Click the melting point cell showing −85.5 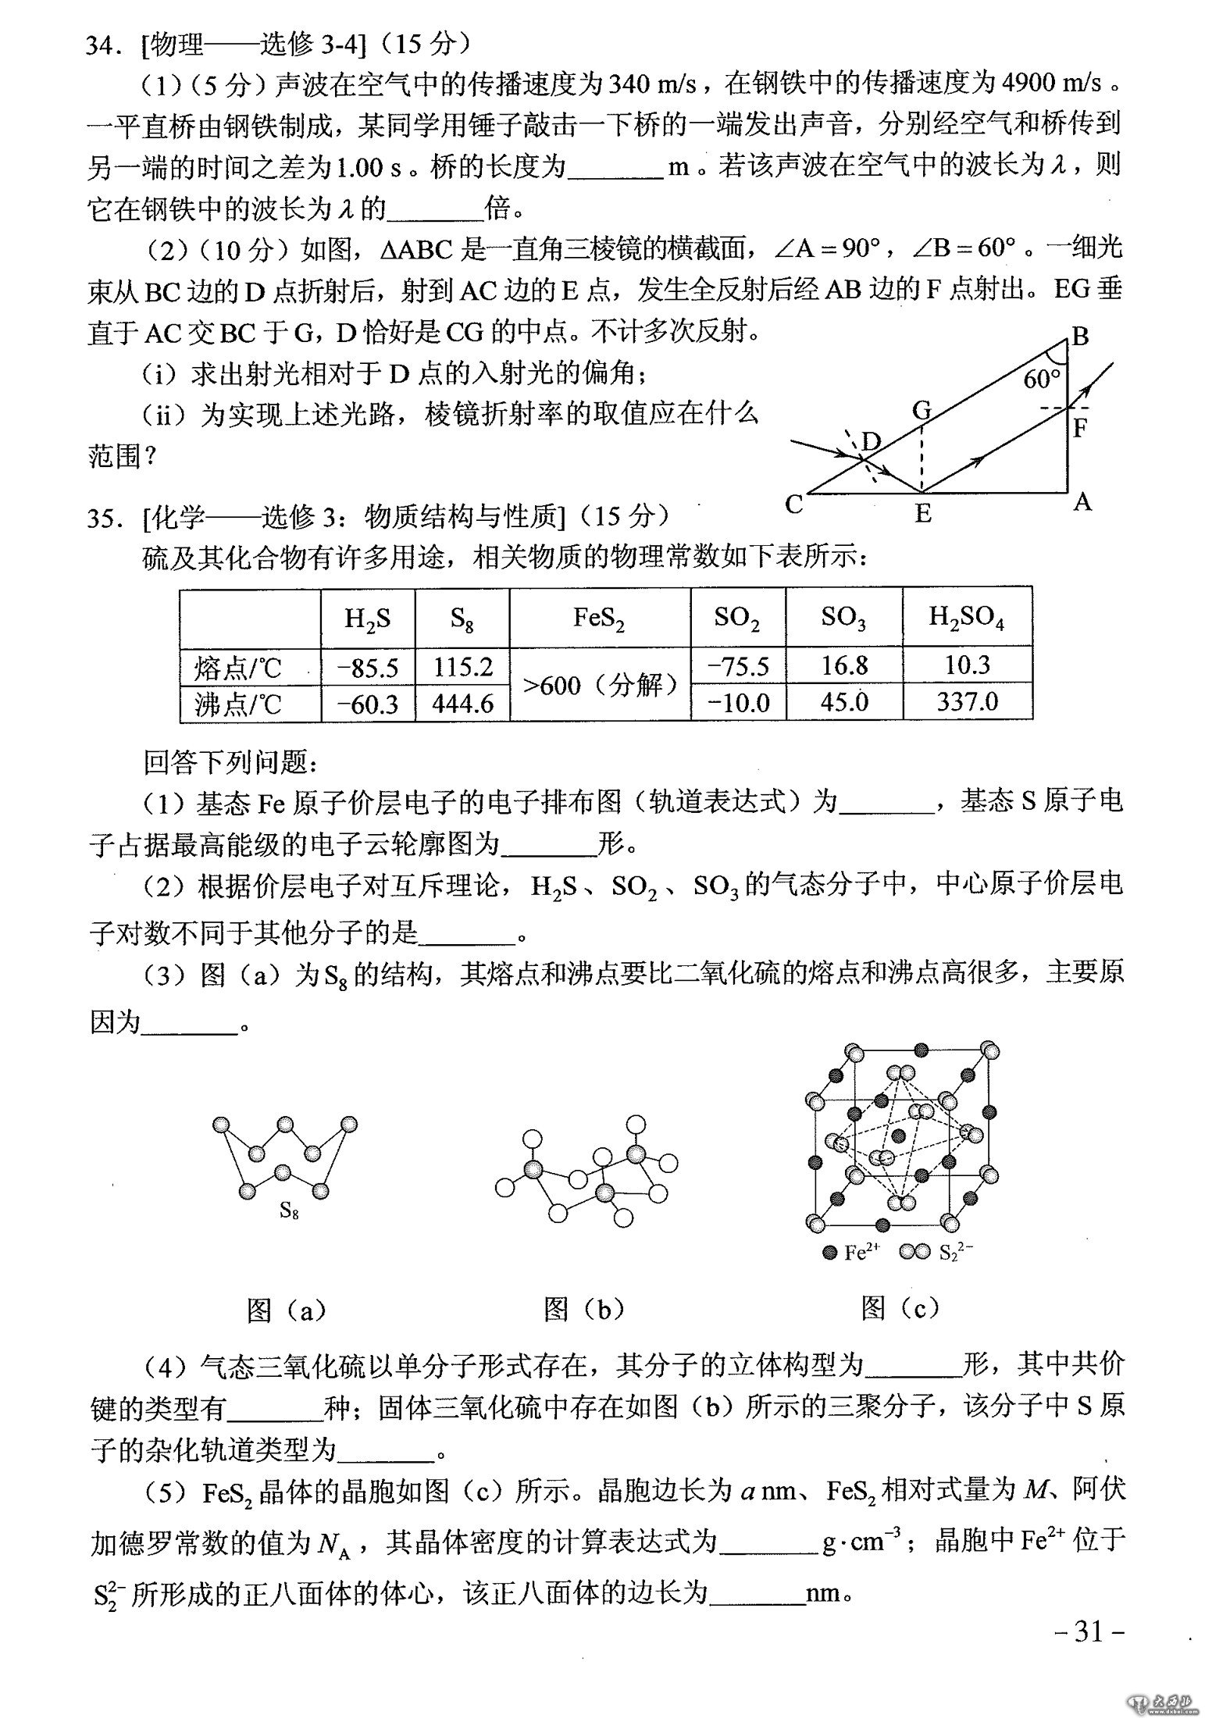click(368, 667)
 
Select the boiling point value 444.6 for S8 click(462, 704)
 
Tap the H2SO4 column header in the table click(967, 618)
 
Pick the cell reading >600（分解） click(600, 686)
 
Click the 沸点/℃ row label click(237, 704)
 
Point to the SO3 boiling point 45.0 click(844, 702)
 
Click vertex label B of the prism click(1080, 337)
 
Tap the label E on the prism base click(923, 514)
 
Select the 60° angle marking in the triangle click(1042, 380)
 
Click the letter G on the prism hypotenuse click(922, 409)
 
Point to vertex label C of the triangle click(794, 505)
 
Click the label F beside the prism click(1081, 428)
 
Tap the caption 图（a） click(286, 1310)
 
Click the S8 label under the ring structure click(289, 1211)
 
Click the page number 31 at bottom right click(1087, 1631)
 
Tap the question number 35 click(102, 517)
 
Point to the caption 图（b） click(583, 1310)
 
